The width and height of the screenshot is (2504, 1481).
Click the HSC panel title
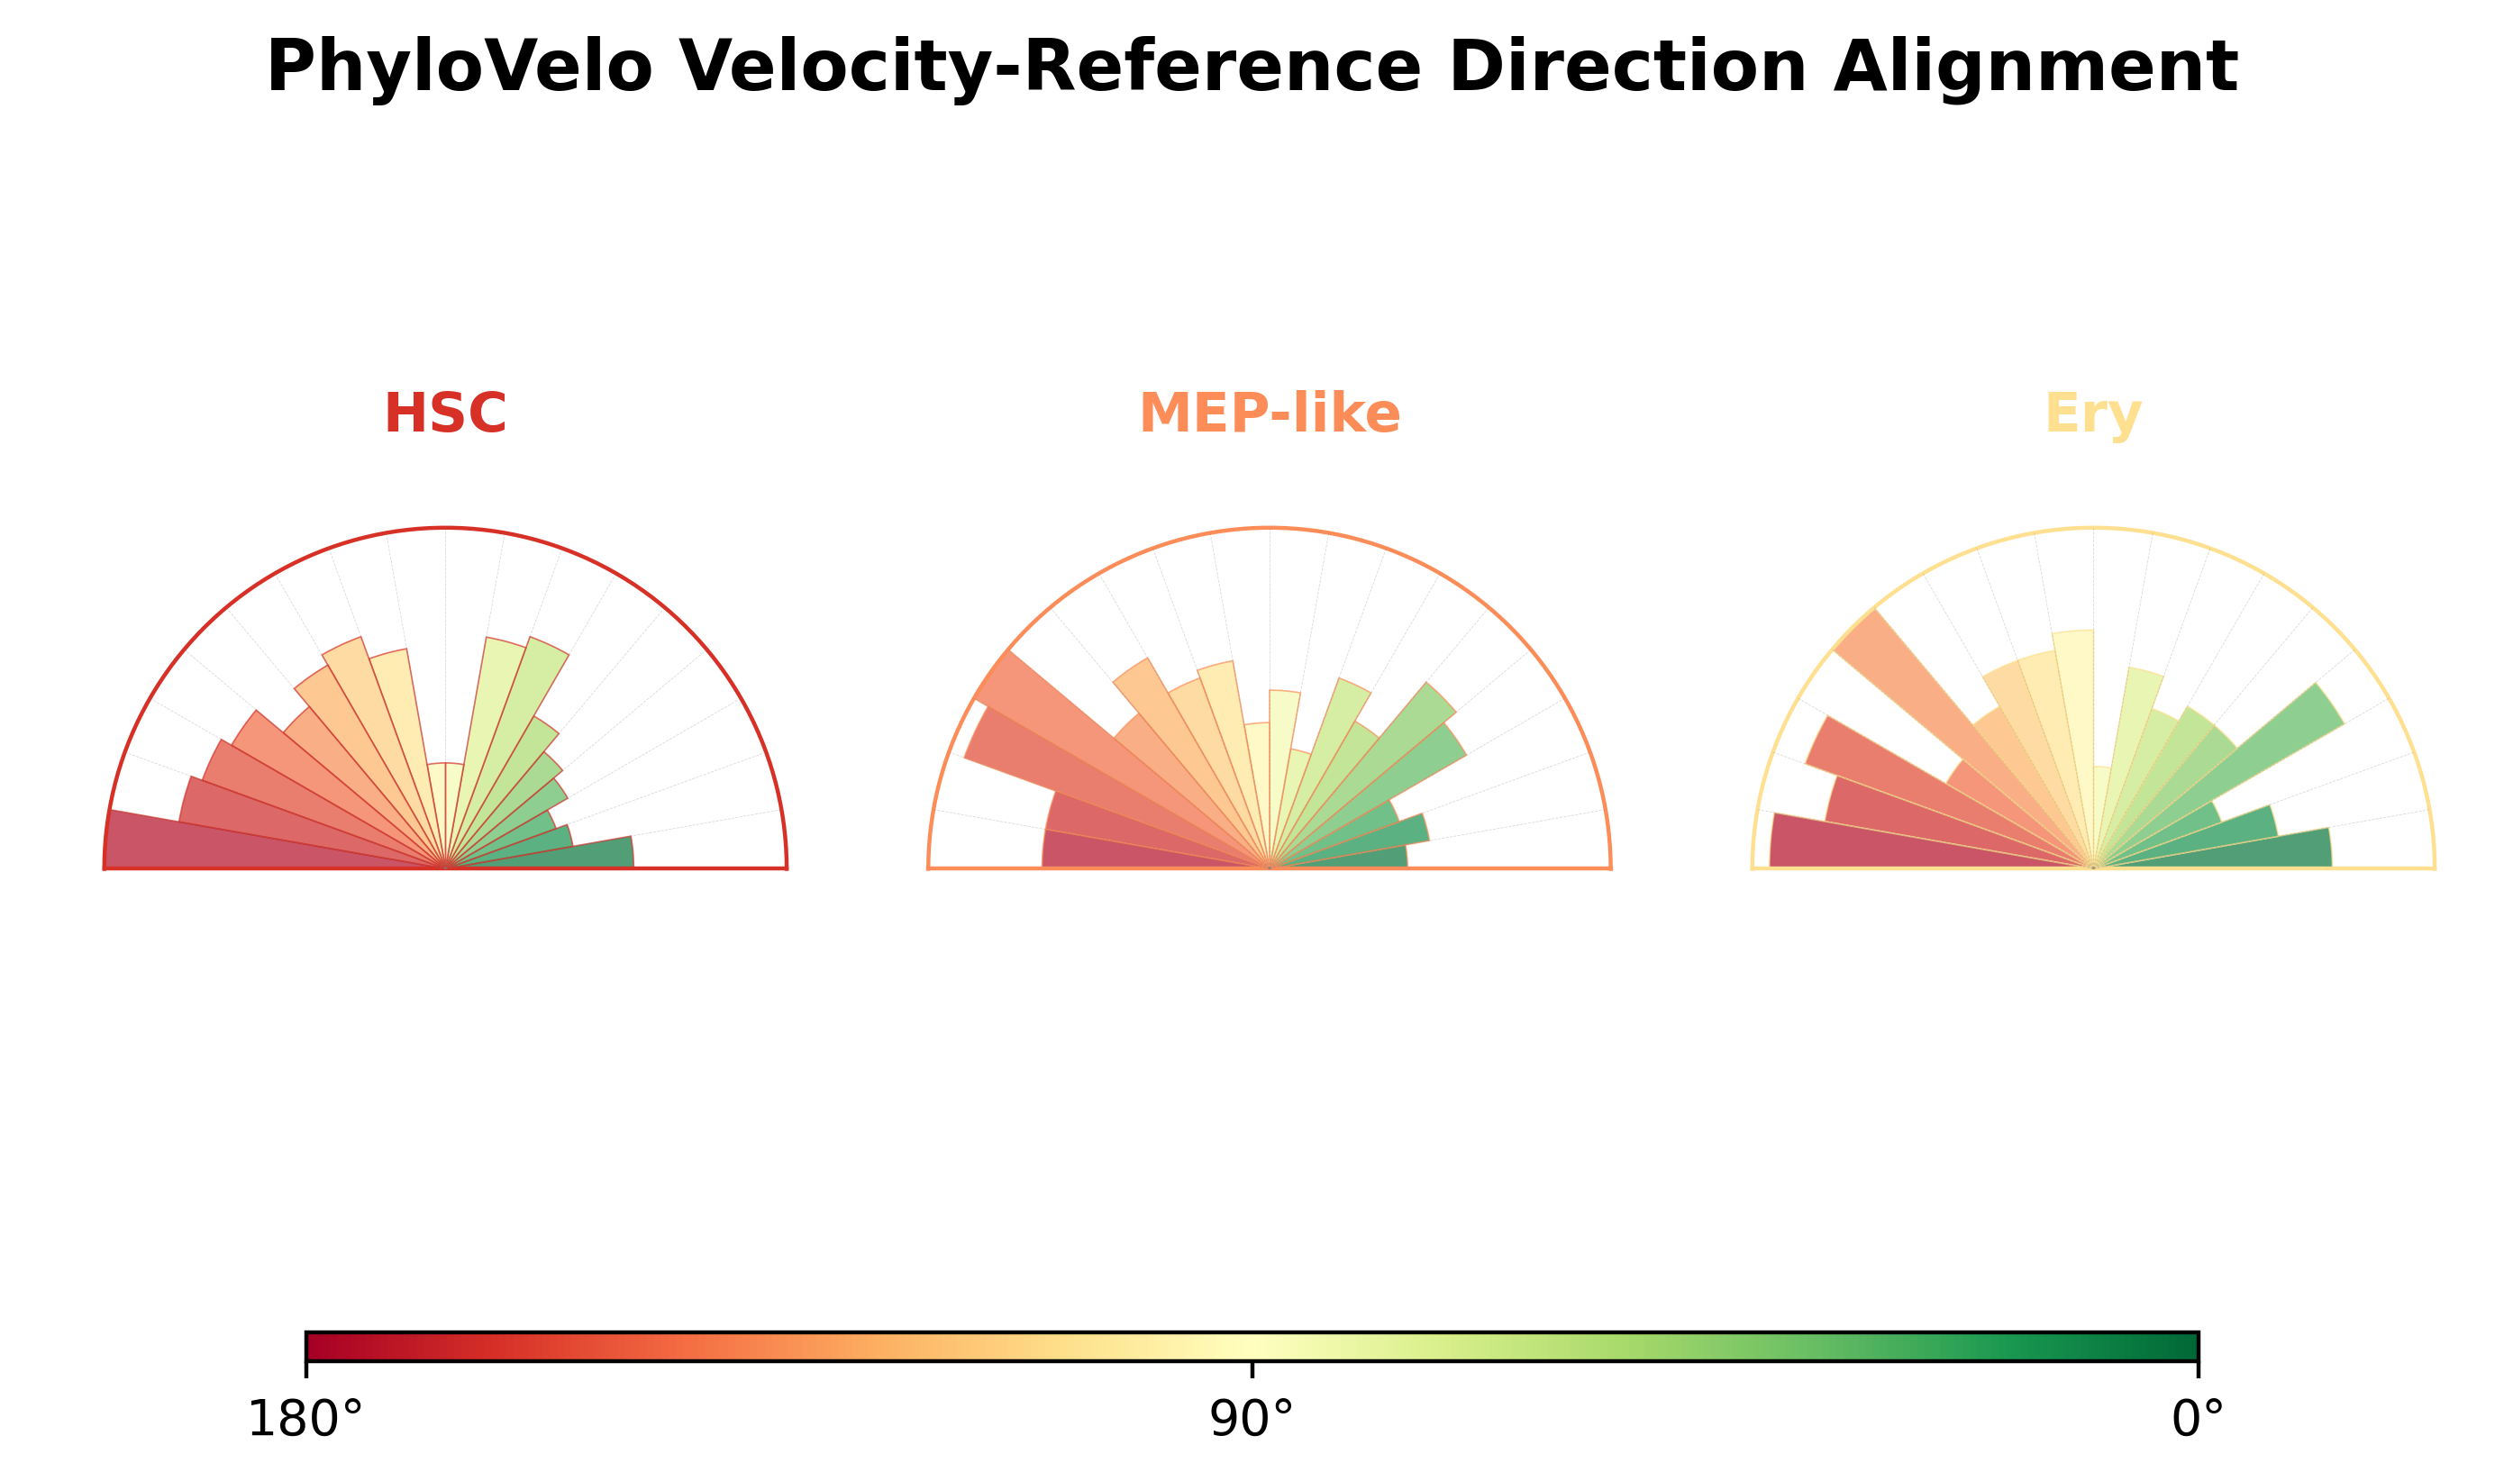pos(445,413)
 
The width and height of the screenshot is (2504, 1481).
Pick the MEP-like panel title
pos(1270,413)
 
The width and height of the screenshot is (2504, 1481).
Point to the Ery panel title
pos(2093,415)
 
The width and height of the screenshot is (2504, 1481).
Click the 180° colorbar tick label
pos(305,1419)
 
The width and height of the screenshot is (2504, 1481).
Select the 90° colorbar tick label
pos(1252,1419)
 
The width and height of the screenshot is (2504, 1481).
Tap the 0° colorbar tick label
pos(2198,1419)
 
